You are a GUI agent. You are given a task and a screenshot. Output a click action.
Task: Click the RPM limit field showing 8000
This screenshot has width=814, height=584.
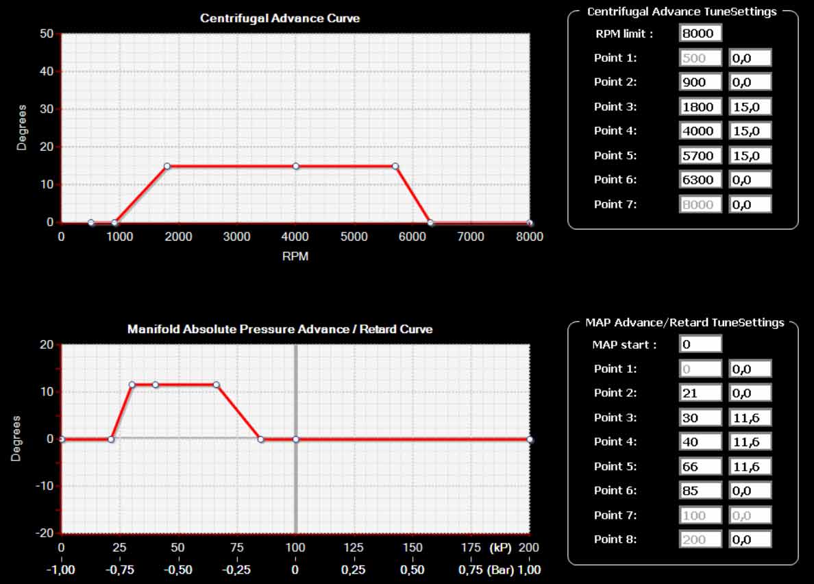tap(700, 34)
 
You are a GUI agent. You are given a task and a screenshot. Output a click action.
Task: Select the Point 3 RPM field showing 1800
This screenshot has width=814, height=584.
tap(700, 107)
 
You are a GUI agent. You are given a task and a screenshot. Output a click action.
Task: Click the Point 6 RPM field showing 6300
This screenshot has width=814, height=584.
tap(700, 180)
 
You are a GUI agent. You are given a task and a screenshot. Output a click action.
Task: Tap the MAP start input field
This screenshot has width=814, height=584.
tap(700, 344)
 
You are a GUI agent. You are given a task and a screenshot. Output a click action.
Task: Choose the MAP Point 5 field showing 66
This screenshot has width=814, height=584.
tap(700, 467)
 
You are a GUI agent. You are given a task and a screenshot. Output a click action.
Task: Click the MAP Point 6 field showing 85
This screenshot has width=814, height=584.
tap(700, 491)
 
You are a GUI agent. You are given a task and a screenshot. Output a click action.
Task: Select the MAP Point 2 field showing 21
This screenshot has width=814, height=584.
tap(700, 393)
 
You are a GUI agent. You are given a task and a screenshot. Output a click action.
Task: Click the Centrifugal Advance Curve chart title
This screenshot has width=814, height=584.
tap(280, 19)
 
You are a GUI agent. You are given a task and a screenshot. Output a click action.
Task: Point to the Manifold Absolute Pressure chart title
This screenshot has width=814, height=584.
tap(280, 329)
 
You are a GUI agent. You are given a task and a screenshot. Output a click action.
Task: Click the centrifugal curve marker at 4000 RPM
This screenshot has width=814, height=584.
tap(296, 166)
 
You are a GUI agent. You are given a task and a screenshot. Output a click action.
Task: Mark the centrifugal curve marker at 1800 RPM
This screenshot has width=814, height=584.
tap(166, 166)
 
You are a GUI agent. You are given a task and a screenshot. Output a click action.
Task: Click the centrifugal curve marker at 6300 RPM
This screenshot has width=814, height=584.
tap(430, 223)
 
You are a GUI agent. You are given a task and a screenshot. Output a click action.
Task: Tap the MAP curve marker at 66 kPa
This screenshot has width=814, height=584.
tap(216, 385)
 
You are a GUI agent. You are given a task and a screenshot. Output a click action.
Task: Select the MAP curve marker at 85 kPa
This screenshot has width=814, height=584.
tap(260, 439)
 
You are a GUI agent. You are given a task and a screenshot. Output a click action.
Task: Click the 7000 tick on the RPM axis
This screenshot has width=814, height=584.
tap(471, 237)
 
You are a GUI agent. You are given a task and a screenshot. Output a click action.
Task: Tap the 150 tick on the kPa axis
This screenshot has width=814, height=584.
tap(412, 548)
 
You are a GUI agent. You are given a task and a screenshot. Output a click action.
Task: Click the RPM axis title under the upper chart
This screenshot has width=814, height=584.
tap(295, 257)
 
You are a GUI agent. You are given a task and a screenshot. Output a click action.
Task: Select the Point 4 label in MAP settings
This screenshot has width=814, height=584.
tap(615, 442)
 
